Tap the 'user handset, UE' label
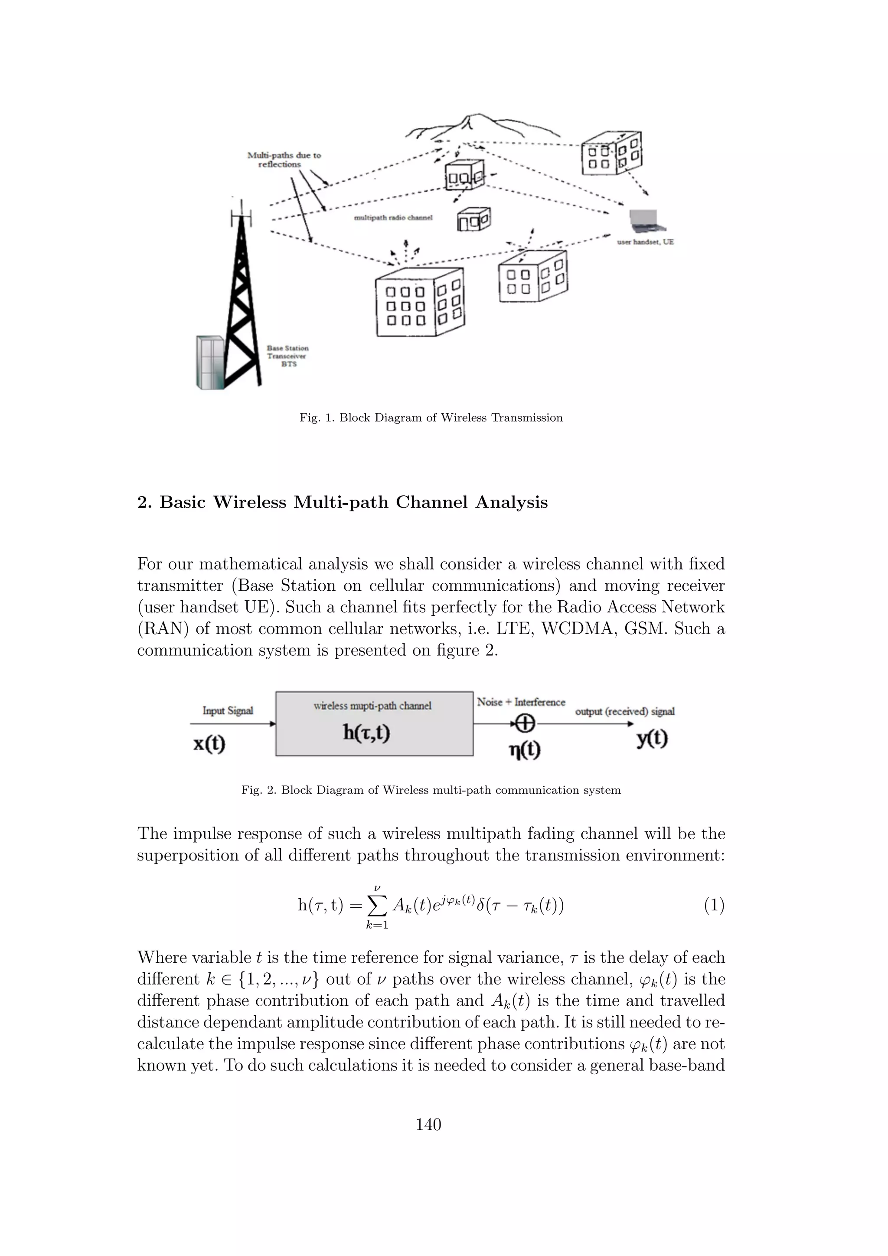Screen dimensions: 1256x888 point(645,242)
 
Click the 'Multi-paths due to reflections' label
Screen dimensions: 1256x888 point(284,160)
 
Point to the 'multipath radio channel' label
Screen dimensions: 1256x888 point(393,218)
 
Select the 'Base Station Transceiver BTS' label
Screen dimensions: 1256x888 point(287,356)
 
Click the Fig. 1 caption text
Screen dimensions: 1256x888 point(431,418)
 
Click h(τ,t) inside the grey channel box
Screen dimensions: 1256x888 point(366,733)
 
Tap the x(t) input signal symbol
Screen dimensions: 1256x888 point(209,744)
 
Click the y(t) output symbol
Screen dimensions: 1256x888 point(652,739)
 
